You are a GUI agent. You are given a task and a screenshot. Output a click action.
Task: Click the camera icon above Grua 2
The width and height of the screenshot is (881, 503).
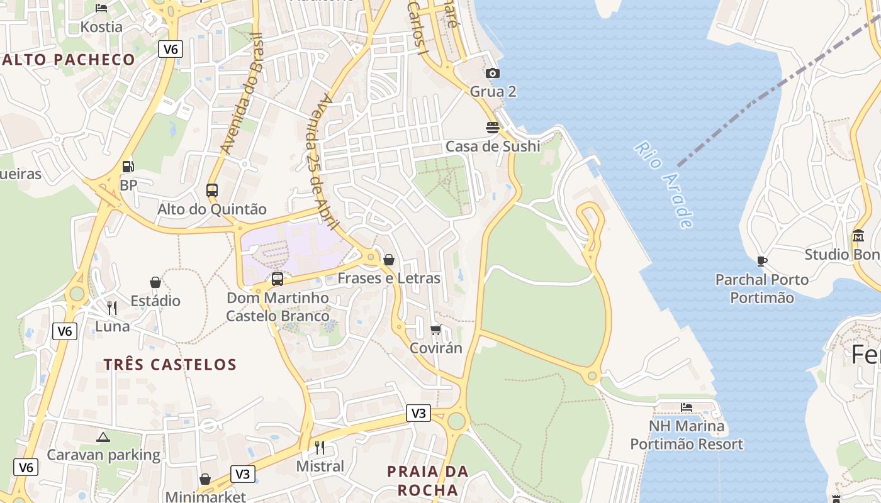[x=493, y=74]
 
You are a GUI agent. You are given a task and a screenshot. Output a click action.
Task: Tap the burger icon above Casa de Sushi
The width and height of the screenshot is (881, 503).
[x=493, y=128]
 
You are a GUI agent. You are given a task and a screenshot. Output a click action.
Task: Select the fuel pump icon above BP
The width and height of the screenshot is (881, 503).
[x=128, y=167]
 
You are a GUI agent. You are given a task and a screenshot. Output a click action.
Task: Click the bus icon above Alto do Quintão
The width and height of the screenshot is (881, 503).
[x=212, y=190]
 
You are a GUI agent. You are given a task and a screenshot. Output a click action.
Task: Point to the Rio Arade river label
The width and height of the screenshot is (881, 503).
[x=665, y=184]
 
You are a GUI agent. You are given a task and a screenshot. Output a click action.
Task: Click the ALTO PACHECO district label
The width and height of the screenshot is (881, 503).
[x=68, y=60]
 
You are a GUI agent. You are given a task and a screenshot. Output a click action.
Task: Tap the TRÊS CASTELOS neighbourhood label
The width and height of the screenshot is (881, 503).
[x=170, y=364]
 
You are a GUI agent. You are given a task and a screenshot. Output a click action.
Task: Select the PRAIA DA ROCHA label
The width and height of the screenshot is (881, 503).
[x=428, y=480]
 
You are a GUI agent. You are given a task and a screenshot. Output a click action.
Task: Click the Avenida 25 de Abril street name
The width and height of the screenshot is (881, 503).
[x=325, y=162]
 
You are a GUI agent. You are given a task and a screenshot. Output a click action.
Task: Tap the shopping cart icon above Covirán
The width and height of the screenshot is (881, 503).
[x=436, y=329]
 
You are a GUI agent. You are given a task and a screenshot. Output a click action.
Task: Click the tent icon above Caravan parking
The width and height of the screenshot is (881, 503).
[x=103, y=437]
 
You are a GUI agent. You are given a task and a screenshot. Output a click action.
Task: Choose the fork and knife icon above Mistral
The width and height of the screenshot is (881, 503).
[x=320, y=448]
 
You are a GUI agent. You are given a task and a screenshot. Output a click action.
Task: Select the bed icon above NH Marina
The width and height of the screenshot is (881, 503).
[x=687, y=407]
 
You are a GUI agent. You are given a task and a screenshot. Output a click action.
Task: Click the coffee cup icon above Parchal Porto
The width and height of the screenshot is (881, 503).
[x=762, y=261]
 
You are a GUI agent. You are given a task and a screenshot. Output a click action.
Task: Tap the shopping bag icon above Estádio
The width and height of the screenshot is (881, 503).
[x=155, y=282]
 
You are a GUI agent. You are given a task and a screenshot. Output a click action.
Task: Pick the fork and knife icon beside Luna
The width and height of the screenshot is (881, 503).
[x=112, y=307]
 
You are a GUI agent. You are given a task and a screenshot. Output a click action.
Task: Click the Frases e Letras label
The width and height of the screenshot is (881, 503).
[x=389, y=278]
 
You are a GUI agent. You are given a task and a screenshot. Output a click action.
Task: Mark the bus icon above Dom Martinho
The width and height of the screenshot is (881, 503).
[x=278, y=279]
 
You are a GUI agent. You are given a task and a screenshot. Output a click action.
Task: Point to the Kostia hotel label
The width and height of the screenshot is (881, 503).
[x=101, y=27]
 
